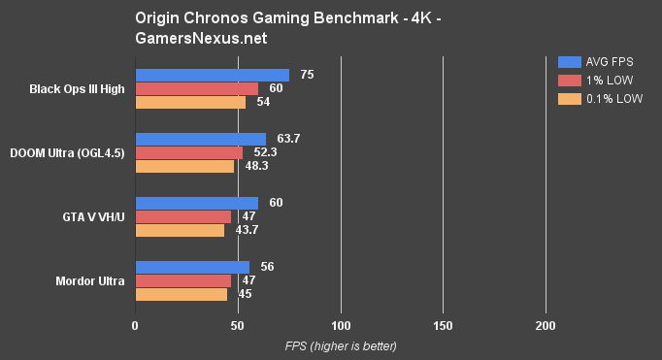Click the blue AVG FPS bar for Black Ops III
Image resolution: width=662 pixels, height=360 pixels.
pos(212,75)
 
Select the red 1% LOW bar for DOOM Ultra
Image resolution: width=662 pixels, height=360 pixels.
pos(188,152)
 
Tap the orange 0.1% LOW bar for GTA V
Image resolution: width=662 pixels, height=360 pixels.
pos(180,230)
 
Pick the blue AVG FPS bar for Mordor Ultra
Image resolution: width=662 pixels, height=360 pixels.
pos(192,267)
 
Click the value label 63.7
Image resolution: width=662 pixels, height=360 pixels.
pos(288,139)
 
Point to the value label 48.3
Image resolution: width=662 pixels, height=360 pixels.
pos(257,166)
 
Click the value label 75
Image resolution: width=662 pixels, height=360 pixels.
pos(307,75)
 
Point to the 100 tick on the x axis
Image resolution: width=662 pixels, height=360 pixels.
pos(340,325)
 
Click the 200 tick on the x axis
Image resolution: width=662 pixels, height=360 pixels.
pos(546,325)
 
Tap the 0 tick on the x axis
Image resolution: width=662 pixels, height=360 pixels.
pos(135,325)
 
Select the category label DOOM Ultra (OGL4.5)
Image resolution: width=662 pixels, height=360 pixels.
pos(67,153)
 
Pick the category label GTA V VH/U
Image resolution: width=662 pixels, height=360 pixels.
pos(92,217)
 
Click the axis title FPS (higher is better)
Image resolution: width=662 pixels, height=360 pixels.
pos(341,345)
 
